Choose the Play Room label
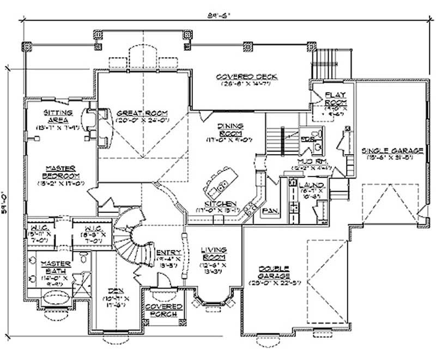[336, 99]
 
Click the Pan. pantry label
[269, 210]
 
